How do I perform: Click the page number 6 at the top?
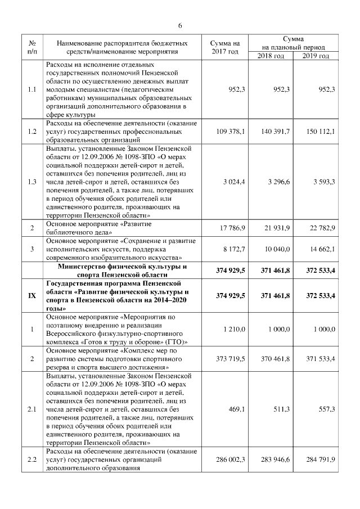click(180, 26)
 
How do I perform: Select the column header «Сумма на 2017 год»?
click(224, 47)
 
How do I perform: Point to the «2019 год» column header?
click(316, 56)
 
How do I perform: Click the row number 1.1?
click(32, 89)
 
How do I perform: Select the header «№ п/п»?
click(32, 47)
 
